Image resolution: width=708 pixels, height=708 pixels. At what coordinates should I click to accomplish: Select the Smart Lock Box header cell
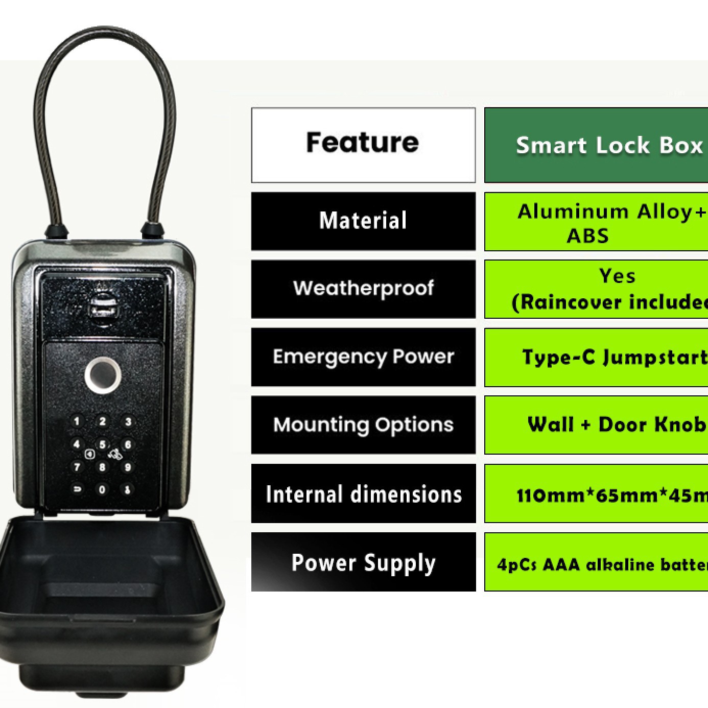click(x=596, y=145)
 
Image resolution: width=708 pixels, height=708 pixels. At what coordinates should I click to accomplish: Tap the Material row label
click(x=363, y=221)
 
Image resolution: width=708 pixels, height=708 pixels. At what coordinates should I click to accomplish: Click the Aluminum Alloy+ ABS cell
click(x=596, y=222)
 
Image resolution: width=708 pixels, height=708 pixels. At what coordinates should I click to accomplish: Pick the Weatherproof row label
click(x=363, y=289)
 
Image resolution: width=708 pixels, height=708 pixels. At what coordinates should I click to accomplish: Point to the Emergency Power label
click(x=363, y=357)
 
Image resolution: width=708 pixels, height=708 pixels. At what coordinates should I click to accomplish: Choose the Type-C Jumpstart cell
click(x=596, y=357)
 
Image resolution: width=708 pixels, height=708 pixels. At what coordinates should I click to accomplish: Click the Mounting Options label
click(x=363, y=424)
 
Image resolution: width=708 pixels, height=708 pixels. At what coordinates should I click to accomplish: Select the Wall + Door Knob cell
click(x=596, y=425)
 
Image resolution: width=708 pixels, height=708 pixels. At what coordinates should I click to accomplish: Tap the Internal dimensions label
click(x=363, y=493)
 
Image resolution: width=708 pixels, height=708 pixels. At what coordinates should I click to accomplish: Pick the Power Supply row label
click(x=363, y=562)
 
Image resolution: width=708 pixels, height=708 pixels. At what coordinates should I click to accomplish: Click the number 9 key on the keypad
click(x=128, y=467)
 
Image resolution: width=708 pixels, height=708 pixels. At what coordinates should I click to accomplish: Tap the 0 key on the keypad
click(x=102, y=489)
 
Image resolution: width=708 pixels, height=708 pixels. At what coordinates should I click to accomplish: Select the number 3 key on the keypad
click(x=128, y=421)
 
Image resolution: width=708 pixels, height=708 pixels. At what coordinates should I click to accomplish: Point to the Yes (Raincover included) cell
click(x=596, y=289)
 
